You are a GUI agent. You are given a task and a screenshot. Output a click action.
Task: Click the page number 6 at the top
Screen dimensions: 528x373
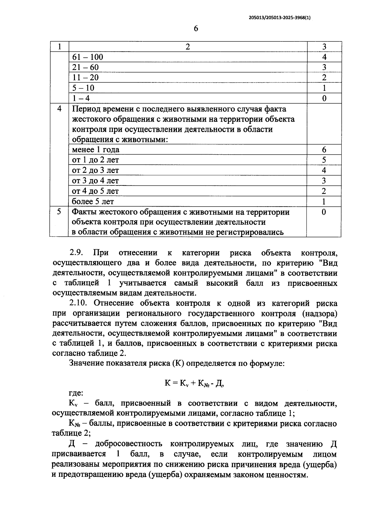196,29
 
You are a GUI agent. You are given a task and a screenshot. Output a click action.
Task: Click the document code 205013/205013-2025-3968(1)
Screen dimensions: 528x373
280,18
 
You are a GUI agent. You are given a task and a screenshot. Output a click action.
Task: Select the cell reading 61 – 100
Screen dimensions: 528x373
88,57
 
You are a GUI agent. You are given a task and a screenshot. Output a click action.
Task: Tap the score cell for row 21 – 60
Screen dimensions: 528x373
324,67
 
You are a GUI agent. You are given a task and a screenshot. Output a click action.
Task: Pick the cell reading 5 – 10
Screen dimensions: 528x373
83,88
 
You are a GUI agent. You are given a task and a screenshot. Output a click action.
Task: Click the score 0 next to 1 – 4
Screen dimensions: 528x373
324,98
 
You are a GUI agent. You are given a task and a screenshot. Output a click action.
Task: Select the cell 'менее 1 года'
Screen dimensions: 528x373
96,150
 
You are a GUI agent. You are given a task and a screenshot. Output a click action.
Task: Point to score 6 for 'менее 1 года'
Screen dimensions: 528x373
324,150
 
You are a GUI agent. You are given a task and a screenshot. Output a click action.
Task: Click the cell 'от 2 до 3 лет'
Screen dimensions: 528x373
95,170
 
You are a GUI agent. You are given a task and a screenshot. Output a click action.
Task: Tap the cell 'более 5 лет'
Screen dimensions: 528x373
93,201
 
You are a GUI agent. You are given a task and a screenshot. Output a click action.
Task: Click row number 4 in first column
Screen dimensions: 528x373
59,109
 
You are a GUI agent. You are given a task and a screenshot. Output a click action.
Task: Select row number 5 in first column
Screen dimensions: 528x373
59,212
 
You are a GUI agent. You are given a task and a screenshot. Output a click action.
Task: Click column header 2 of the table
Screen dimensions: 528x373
187,47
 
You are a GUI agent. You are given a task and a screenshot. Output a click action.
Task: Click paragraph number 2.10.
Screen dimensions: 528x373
78,303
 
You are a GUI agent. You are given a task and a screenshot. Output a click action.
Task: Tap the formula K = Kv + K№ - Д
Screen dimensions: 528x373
194,383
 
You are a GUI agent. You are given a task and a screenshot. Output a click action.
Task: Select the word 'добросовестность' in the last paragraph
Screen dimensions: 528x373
128,444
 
